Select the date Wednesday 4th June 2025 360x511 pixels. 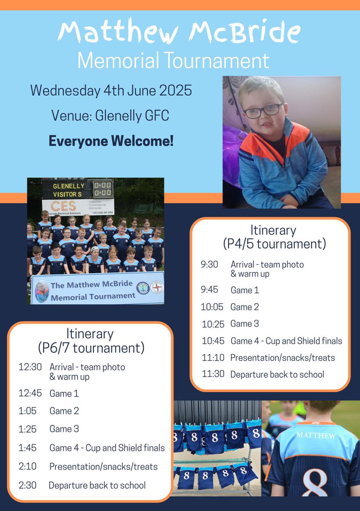[x=111, y=90]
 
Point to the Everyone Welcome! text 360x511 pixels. [x=111, y=141]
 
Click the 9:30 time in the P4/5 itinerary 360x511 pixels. [x=209, y=264]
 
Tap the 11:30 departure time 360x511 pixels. [x=213, y=374]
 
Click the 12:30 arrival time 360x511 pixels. [x=30, y=367]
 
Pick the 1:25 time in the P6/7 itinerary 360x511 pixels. [x=27, y=429]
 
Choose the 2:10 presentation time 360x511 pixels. [x=27, y=466]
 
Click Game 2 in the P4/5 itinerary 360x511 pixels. [x=245, y=307]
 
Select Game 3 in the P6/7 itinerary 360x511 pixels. [x=64, y=429]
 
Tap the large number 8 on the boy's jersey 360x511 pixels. [x=316, y=481]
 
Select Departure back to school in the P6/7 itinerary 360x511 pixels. [x=97, y=485]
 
